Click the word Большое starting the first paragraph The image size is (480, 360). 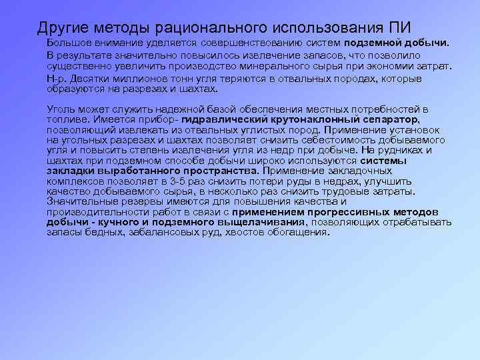pos(69,44)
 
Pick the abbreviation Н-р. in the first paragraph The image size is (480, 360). pos(56,79)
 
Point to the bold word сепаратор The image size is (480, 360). pos(382,119)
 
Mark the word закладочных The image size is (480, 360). pos(359,171)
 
